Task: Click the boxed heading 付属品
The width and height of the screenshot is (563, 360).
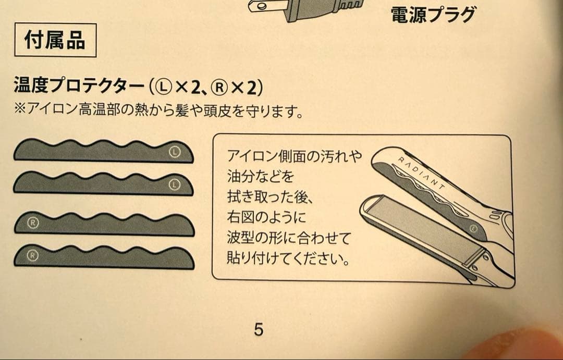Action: pyautogui.click(x=55, y=40)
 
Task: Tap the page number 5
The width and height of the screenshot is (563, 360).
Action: pyautogui.click(x=259, y=329)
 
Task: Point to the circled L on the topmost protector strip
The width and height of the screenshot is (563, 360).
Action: pyautogui.click(x=175, y=152)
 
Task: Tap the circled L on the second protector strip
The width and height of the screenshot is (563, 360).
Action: pyautogui.click(x=175, y=184)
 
